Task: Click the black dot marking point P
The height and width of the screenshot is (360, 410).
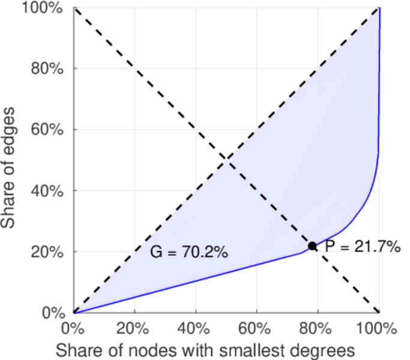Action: (x=312, y=245)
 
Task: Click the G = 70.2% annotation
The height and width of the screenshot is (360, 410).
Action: (x=188, y=253)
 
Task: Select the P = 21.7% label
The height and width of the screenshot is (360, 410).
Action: (x=363, y=246)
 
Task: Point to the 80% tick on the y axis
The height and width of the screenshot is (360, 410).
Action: (x=48, y=68)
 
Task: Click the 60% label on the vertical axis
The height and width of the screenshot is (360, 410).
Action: (x=48, y=130)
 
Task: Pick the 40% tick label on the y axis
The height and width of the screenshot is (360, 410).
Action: (x=48, y=191)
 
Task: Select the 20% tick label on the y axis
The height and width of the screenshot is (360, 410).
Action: (x=48, y=252)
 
